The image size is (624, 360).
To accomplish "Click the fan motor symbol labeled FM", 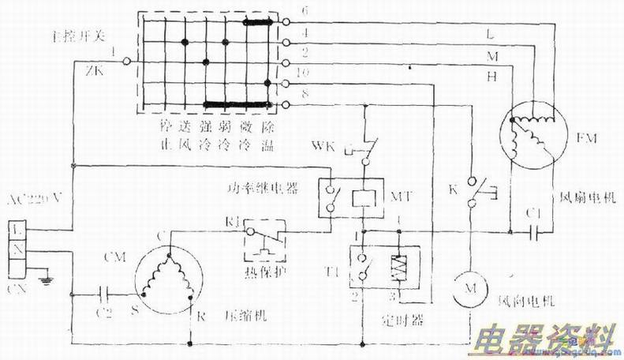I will (534, 136).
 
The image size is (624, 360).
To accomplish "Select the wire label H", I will (491, 77).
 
